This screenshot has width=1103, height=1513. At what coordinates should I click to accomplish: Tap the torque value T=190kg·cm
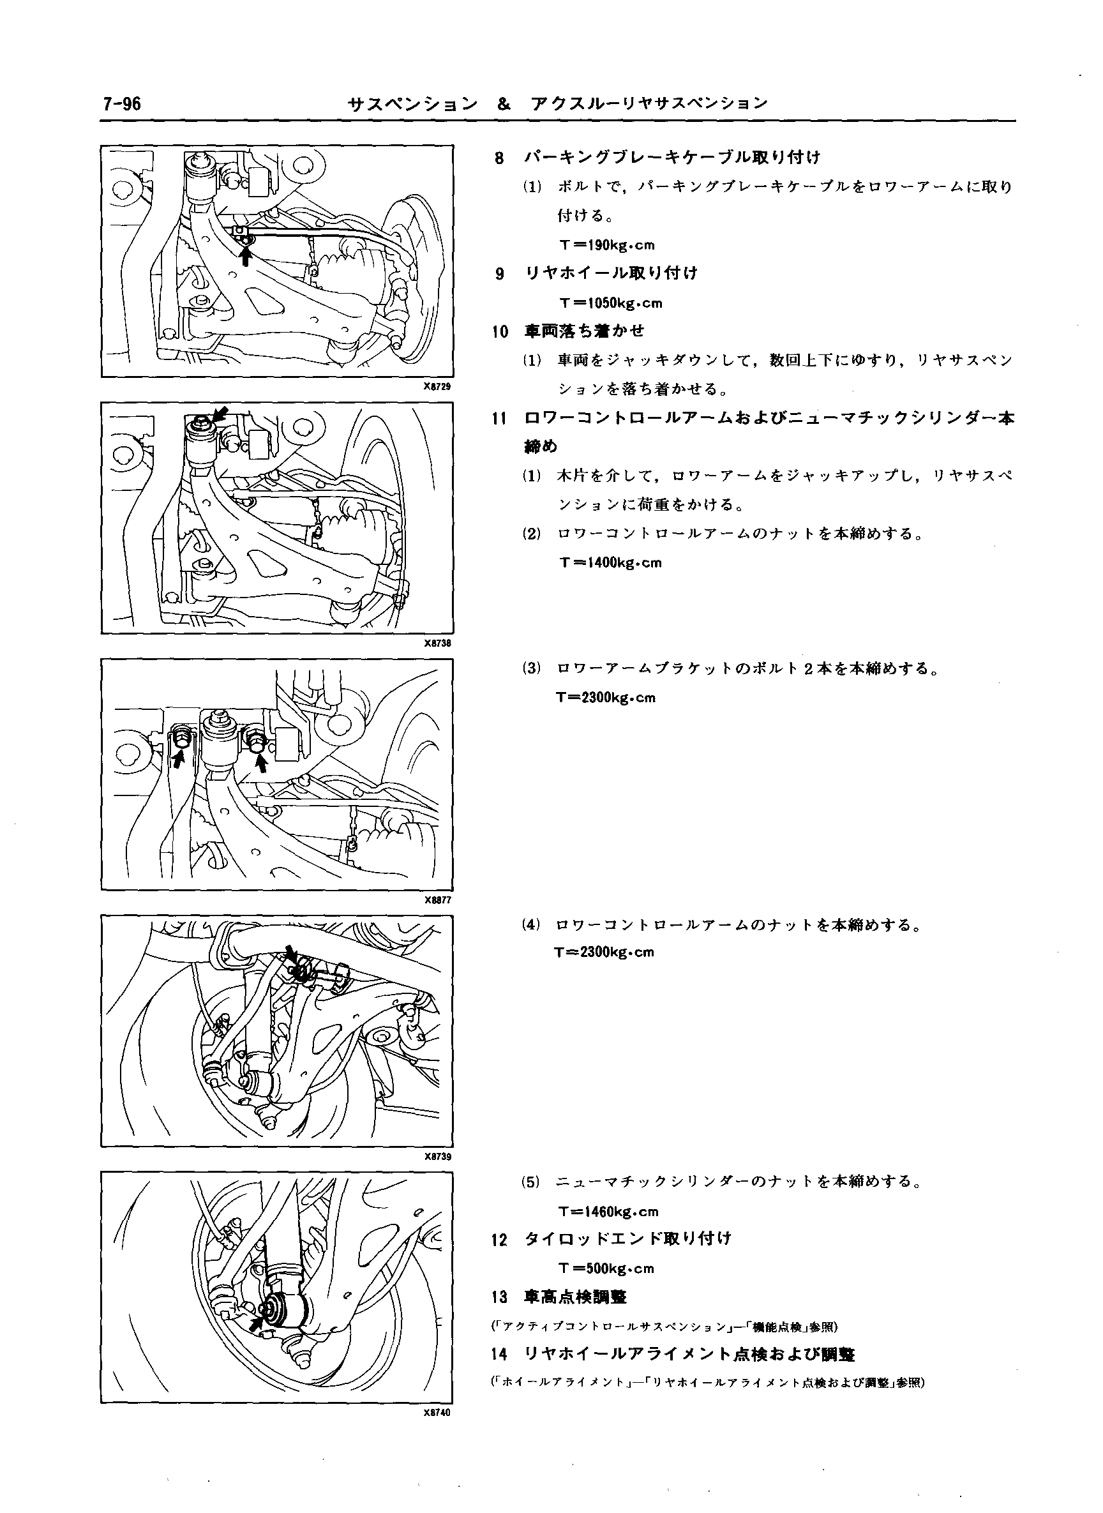(608, 245)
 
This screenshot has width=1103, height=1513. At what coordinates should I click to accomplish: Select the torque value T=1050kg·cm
(611, 303)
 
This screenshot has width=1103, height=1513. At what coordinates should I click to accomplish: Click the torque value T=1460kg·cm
(608, 1211)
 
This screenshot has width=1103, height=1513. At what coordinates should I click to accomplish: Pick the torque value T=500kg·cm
(606, 1268)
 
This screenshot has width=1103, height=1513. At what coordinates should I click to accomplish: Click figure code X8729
(439, 388)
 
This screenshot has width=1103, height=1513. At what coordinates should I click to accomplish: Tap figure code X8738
(439, 644)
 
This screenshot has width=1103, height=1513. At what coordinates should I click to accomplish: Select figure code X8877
(439, 900)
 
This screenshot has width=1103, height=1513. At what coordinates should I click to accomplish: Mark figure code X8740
(439, 1413)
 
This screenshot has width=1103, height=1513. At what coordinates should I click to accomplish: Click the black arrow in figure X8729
(246, 256)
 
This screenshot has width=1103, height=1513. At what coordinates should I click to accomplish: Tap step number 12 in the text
(499, 1240)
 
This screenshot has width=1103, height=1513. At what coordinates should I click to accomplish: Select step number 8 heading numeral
(499, 158)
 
